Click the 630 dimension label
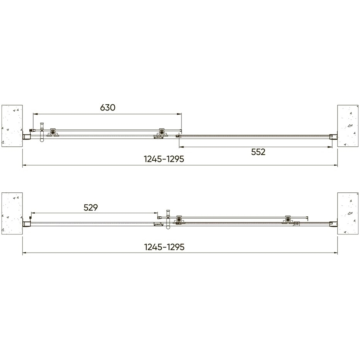[108, 107]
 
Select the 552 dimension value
[258, 152]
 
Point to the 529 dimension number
[91, 207]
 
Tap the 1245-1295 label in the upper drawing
[164, 159]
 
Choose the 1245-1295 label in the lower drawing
[164, 247]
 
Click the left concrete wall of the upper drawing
[12, 126]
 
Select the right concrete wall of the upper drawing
[348, 126]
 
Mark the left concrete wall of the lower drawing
[12, 214]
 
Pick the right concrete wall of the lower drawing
[348, 214]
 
